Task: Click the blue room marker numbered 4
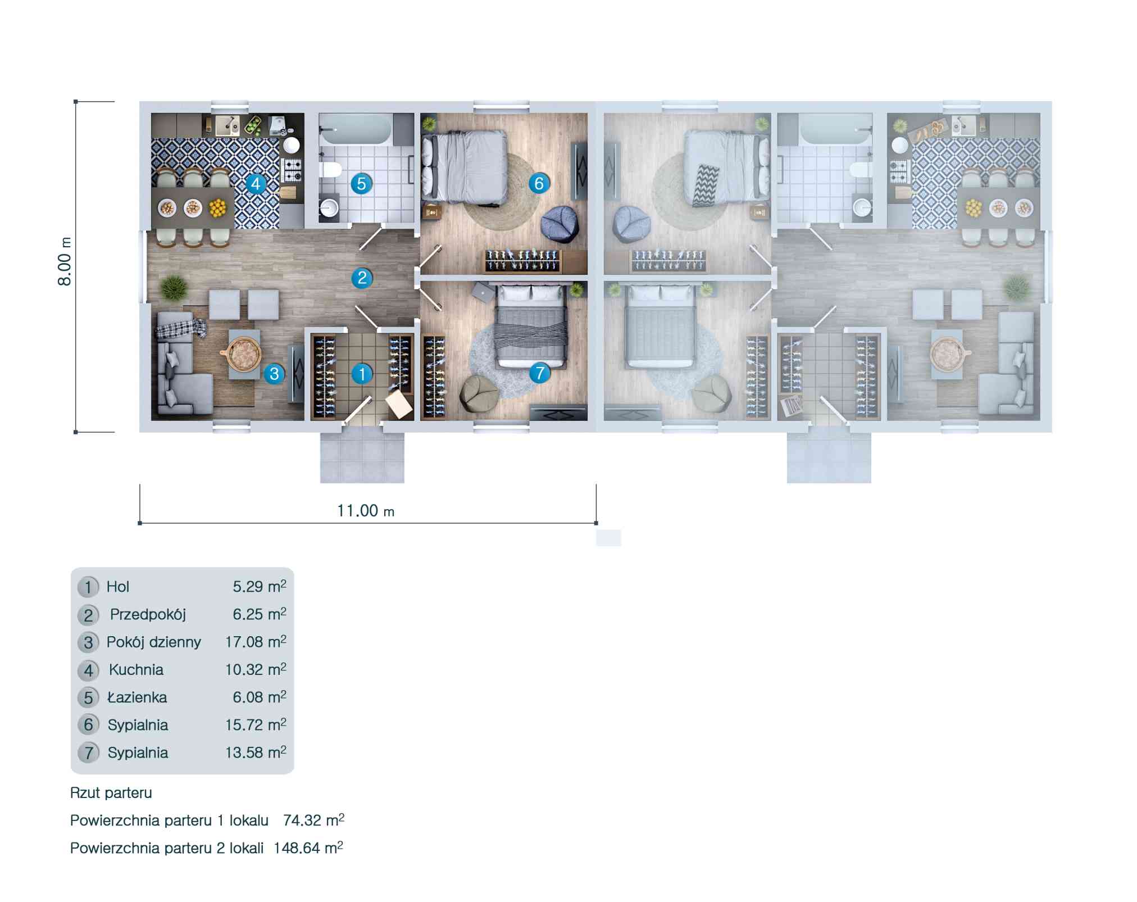(x=256, y=184)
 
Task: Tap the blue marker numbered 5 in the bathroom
(x=361, y=184)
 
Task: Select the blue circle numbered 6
(x=539, y=183)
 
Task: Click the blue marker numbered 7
(x=539, y=373)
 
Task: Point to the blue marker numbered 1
(x=362, y=373)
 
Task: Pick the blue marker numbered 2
(x=362, y=278)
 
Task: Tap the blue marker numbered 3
(x=274, y=374)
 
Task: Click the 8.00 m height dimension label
(x=65, y=261)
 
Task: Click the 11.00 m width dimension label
(x=366, y=511)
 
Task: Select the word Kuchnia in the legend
(x=136, y=670)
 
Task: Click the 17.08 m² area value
(x=256, y=642)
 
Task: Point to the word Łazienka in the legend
(x=137, y=697)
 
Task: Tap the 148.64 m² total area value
(x=308, y=847)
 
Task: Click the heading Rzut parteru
(x=111, y=793)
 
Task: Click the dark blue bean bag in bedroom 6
(x=560, y=224)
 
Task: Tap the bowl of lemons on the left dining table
(x=217, y=208)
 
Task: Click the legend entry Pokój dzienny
(x=154, y=642)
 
